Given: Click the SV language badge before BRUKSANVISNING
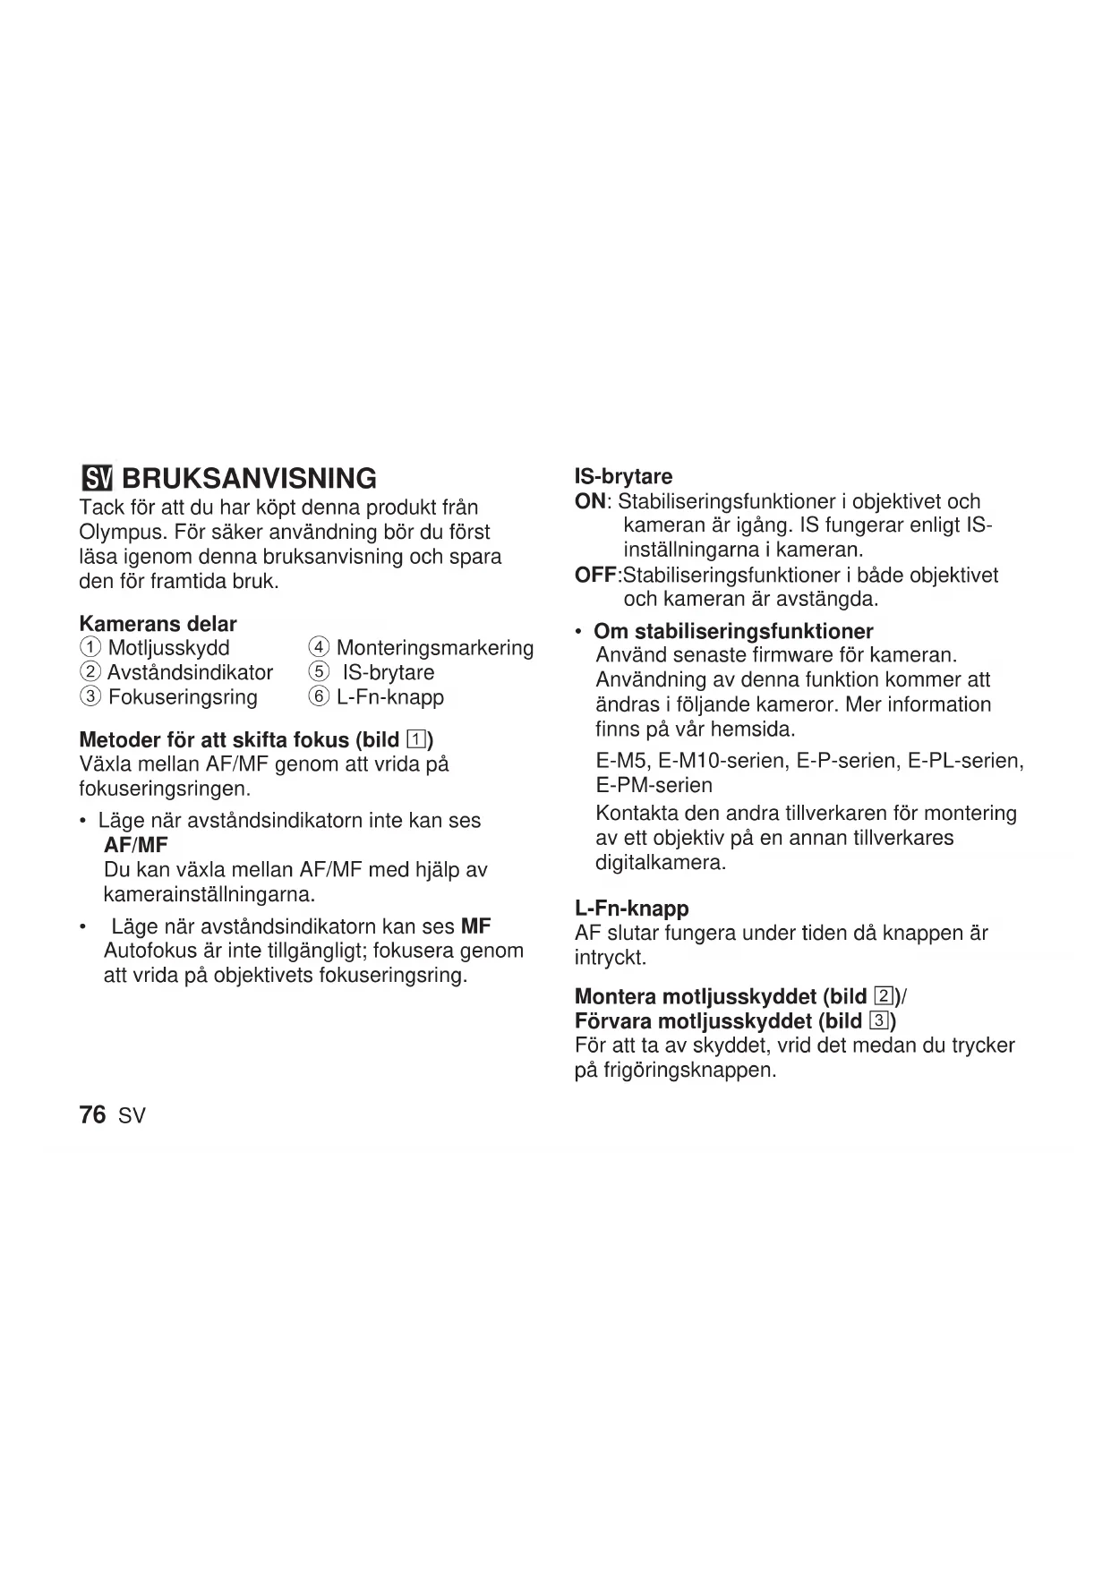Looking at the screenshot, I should (98, 478).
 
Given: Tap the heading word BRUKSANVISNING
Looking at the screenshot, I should (250, 478).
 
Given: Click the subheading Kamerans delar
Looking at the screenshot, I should (158, 624).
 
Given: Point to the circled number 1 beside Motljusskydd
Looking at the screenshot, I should (90, 648).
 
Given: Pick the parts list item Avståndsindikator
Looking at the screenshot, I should (190, 672).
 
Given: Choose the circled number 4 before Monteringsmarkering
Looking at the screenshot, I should (319, 648).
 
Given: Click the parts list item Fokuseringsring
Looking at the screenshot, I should (183, 697).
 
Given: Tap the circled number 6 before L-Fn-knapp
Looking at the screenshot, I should (319, 697).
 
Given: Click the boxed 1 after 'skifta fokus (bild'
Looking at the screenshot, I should (416, 740).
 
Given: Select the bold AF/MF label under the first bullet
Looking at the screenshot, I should (136, 845).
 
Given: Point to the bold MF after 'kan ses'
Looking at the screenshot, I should (475, 926).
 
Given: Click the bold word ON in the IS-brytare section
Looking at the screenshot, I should (590, 501).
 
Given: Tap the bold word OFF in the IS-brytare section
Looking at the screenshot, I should (595, 576).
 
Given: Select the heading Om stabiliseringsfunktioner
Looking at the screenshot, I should (733, 631).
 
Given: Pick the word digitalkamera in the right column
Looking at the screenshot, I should (660, 863).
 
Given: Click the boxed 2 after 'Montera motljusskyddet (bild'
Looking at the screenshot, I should (884, 996).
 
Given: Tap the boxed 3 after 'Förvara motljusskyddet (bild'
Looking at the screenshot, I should (879, 1021).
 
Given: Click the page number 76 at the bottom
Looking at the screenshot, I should (92, 1115).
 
